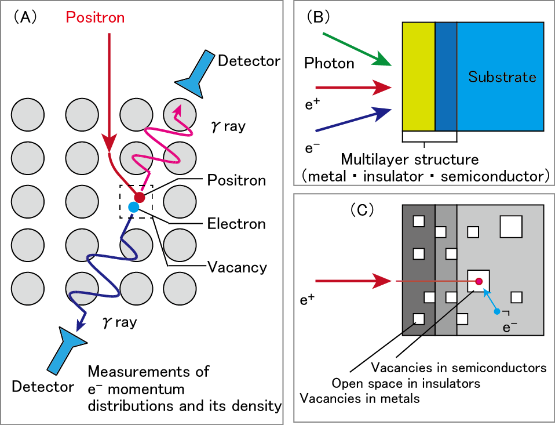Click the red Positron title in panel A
[x=95, y=17]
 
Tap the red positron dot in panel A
[x=140, y=197]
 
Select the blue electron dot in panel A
[x=134, y=207]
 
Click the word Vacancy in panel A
[x=238, y=267]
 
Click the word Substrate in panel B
[x=502, y=77]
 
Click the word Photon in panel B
[x=330, y=63]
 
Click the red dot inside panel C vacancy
[x=479, y=282]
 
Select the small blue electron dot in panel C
[x=496, y=312]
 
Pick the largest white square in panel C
[x=512, y=226]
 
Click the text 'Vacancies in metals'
[x=359, y=398]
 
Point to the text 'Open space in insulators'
[x=406, y=383]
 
